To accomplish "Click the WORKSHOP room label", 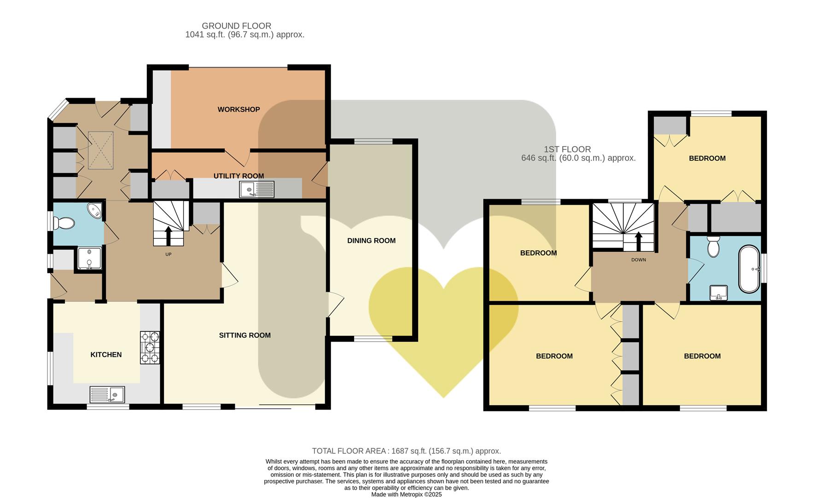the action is [x=238, y=109].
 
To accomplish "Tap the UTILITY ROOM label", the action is [x=238, y=176].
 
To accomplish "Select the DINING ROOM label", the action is [x=371, y=240].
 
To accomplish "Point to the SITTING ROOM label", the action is [x=244, y=335].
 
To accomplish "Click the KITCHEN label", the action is [x=106, y=355].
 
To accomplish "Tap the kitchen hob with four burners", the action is [x=150, y=348].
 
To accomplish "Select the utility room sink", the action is [x=257, y=189].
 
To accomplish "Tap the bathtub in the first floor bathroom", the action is [x=749, y=269].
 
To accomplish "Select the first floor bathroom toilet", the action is [x=713, y=247].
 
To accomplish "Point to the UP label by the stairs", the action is [x=169, y=254].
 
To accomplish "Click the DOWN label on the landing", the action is [x=639, y=260].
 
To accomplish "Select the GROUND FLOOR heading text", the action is [x=237, y=26].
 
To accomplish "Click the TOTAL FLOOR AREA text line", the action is [x=407, y=451].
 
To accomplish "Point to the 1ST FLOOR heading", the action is [x=567, y=149].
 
